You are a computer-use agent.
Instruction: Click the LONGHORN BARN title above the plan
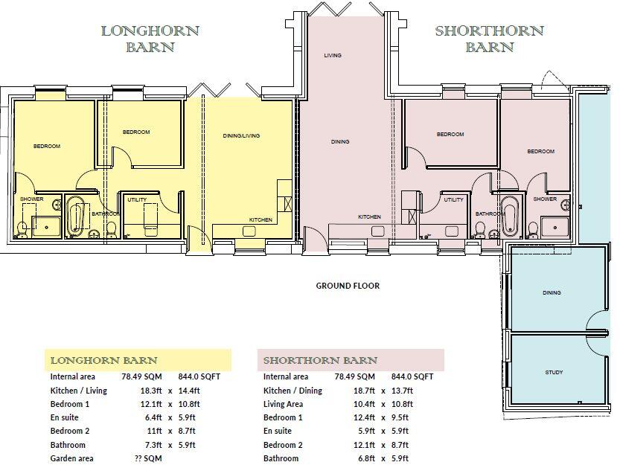coord(150,39)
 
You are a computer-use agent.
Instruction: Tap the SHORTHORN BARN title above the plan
coord(489,39)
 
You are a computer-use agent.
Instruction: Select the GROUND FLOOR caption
coord(348,286)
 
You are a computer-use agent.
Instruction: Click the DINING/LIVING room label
coord(241,135)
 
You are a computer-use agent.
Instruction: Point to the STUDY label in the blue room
coord(554,372)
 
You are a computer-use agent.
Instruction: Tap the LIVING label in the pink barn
coord(333,56)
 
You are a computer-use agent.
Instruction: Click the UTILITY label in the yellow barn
coord(136,200)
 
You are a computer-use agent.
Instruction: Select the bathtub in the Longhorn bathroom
coord(75,217)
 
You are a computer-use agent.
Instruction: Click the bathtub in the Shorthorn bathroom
coord(509,216)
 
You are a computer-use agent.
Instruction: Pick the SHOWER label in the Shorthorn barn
coord(545,199)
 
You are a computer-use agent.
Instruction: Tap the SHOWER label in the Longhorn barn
coord(31,199)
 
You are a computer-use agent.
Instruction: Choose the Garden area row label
coord(72,458)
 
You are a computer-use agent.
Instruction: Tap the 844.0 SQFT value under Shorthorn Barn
coord(412,376)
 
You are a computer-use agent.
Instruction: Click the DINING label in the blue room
coord(552,293)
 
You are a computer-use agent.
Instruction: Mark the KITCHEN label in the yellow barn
coord(261,220)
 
